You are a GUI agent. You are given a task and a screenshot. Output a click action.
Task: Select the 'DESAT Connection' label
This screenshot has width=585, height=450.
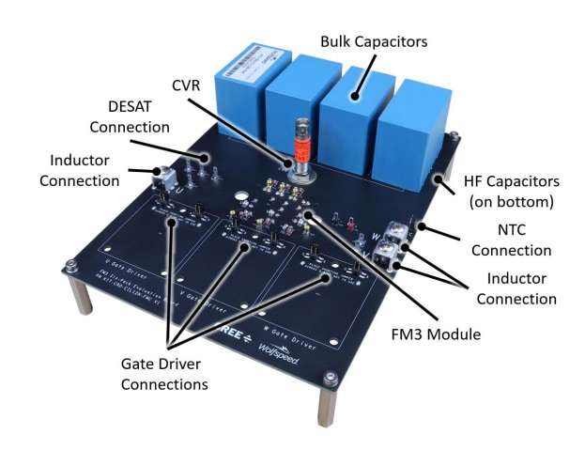[138, 116]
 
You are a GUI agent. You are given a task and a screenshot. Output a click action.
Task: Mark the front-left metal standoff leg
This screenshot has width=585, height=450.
[82, 297]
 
